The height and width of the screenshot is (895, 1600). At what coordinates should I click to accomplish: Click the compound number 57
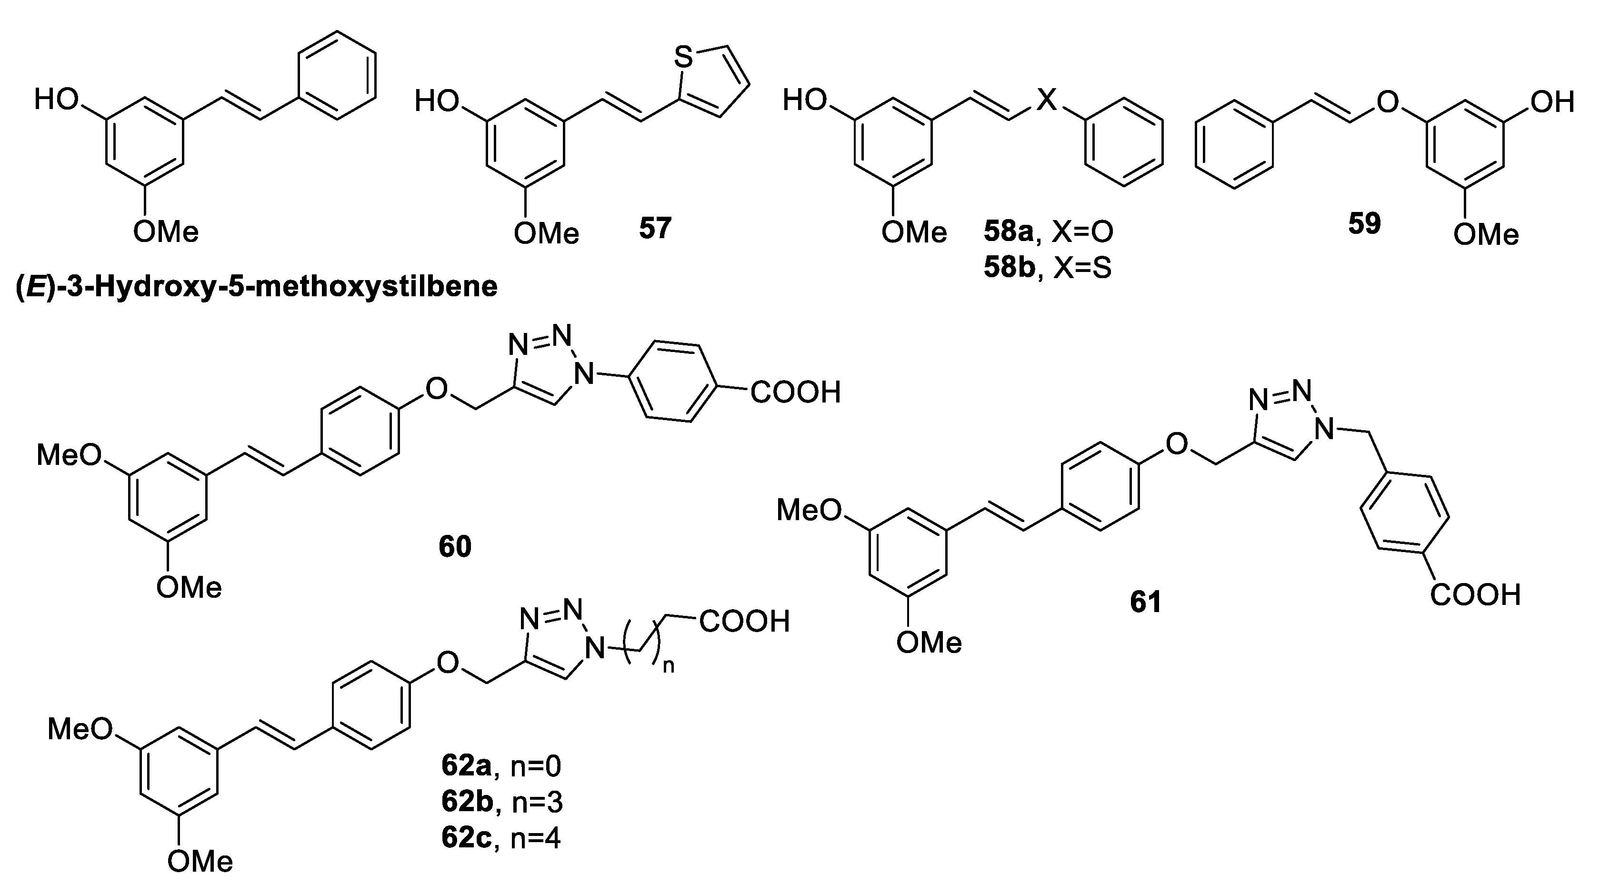655,229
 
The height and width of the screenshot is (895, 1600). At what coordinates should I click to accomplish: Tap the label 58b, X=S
1047,268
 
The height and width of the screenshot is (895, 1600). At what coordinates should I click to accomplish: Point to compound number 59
1364,223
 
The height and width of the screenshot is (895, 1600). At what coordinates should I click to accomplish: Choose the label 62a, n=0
500,766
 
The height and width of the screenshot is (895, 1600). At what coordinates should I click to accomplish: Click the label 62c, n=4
500,838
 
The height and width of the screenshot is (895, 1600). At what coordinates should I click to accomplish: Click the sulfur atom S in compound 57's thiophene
683,59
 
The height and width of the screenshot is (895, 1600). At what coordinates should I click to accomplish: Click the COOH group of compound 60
796,392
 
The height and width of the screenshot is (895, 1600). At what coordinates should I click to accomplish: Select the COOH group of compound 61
1475,595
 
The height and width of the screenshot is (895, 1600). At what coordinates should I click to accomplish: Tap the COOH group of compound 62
745,621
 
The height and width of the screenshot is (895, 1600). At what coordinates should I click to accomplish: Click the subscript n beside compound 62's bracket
669,667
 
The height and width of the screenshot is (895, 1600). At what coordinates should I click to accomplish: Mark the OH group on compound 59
1551,102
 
